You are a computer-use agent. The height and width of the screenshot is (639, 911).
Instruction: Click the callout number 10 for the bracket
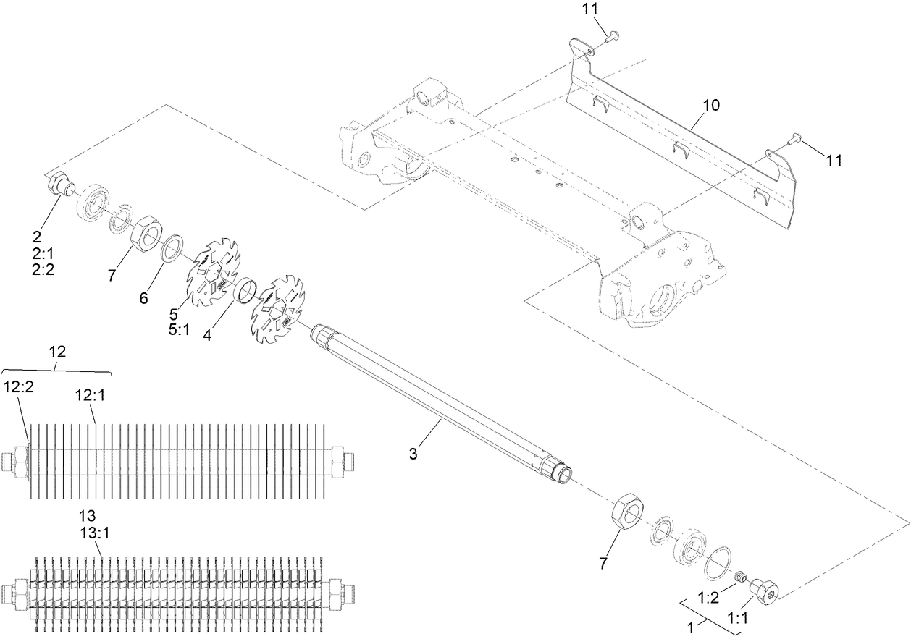[710, 106]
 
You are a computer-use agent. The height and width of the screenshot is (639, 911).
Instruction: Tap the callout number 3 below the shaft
[413, 454]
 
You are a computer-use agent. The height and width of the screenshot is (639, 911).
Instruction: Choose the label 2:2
[42, 268]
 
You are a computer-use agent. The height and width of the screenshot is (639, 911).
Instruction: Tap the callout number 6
[144, 297]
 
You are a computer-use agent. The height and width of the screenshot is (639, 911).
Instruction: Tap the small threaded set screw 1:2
[740, 577]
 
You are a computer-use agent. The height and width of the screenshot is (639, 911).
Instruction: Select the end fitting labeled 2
[60, 186]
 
